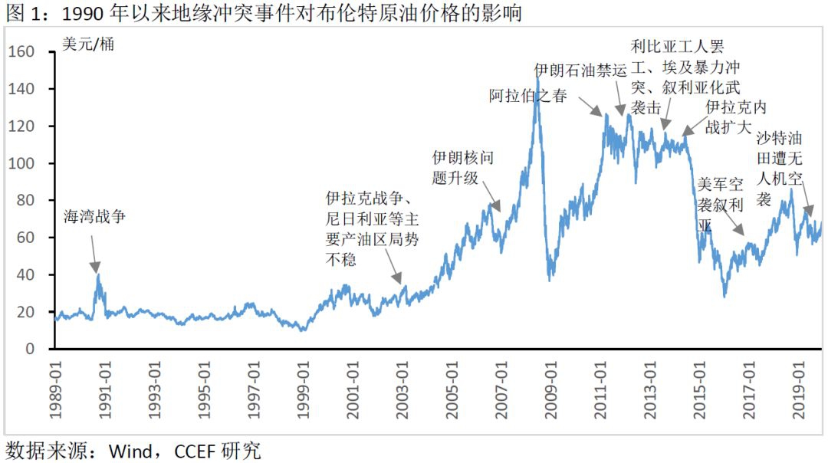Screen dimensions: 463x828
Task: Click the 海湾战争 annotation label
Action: click(94, 217)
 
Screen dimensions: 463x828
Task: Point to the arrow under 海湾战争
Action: click(94, 253)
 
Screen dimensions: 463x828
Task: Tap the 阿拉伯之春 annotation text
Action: click(527, 96)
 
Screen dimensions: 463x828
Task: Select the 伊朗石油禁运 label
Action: click(580, 70)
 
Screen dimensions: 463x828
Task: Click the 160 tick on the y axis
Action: click(23, 52)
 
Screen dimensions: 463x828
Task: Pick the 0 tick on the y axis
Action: click(31, 349)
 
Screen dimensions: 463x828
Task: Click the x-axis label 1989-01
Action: click(55, 391)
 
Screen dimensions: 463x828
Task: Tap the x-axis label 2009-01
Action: click(550, 391)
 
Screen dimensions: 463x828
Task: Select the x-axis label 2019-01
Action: click(798, 391)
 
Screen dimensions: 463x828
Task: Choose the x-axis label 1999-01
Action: click(303, 391)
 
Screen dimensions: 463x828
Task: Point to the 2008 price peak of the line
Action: click(537, 77)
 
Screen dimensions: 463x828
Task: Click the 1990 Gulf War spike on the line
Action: click(98, 275)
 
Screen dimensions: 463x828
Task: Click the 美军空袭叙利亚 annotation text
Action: click(720, 205)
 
